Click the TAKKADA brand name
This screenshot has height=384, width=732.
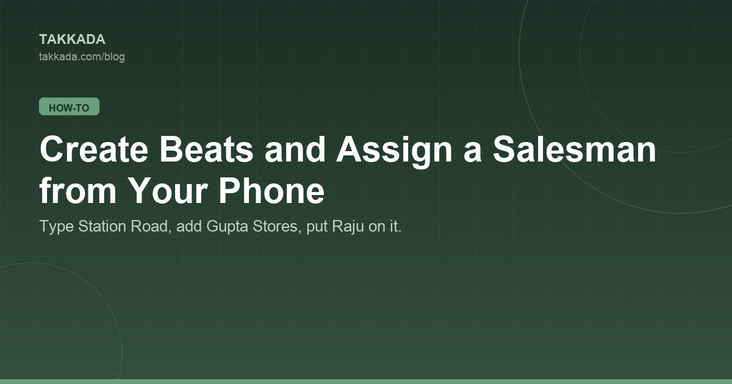(x=72, y=40)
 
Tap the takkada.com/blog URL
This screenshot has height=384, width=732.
(x=82, y=57)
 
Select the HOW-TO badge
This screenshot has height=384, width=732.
(x=70, y=107)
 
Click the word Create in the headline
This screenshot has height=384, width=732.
(x=94, y=149)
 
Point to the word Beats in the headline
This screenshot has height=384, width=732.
(x=206, y=149)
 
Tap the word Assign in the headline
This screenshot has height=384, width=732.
(x=395, y=151)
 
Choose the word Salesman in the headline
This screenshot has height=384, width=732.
(x=575, y=149)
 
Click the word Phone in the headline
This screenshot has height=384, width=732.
(x=271, y=190)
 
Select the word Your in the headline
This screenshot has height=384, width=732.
(x=167, y=190)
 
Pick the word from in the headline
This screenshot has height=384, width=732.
(x=78, y=190)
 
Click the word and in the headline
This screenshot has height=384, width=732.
(x=295, y=149)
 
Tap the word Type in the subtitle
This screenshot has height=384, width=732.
(x=57, y=227)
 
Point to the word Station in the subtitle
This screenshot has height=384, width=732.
(x=102, y=226)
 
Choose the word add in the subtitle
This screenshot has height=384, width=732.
(x=189, y=226)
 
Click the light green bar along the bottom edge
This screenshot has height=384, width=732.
(x=366, y=382)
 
